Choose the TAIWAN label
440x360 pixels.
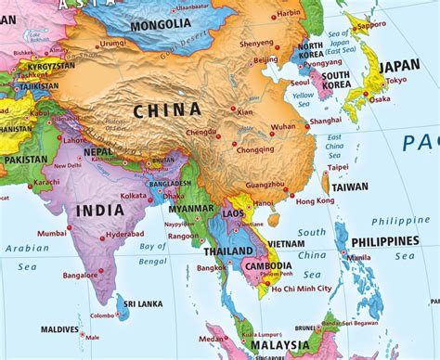[350, 186]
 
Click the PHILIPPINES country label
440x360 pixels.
[384, 241]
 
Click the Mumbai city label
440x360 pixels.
[52, 233]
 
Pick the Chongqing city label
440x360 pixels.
[255, 149]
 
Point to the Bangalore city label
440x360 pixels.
[55, 275]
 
